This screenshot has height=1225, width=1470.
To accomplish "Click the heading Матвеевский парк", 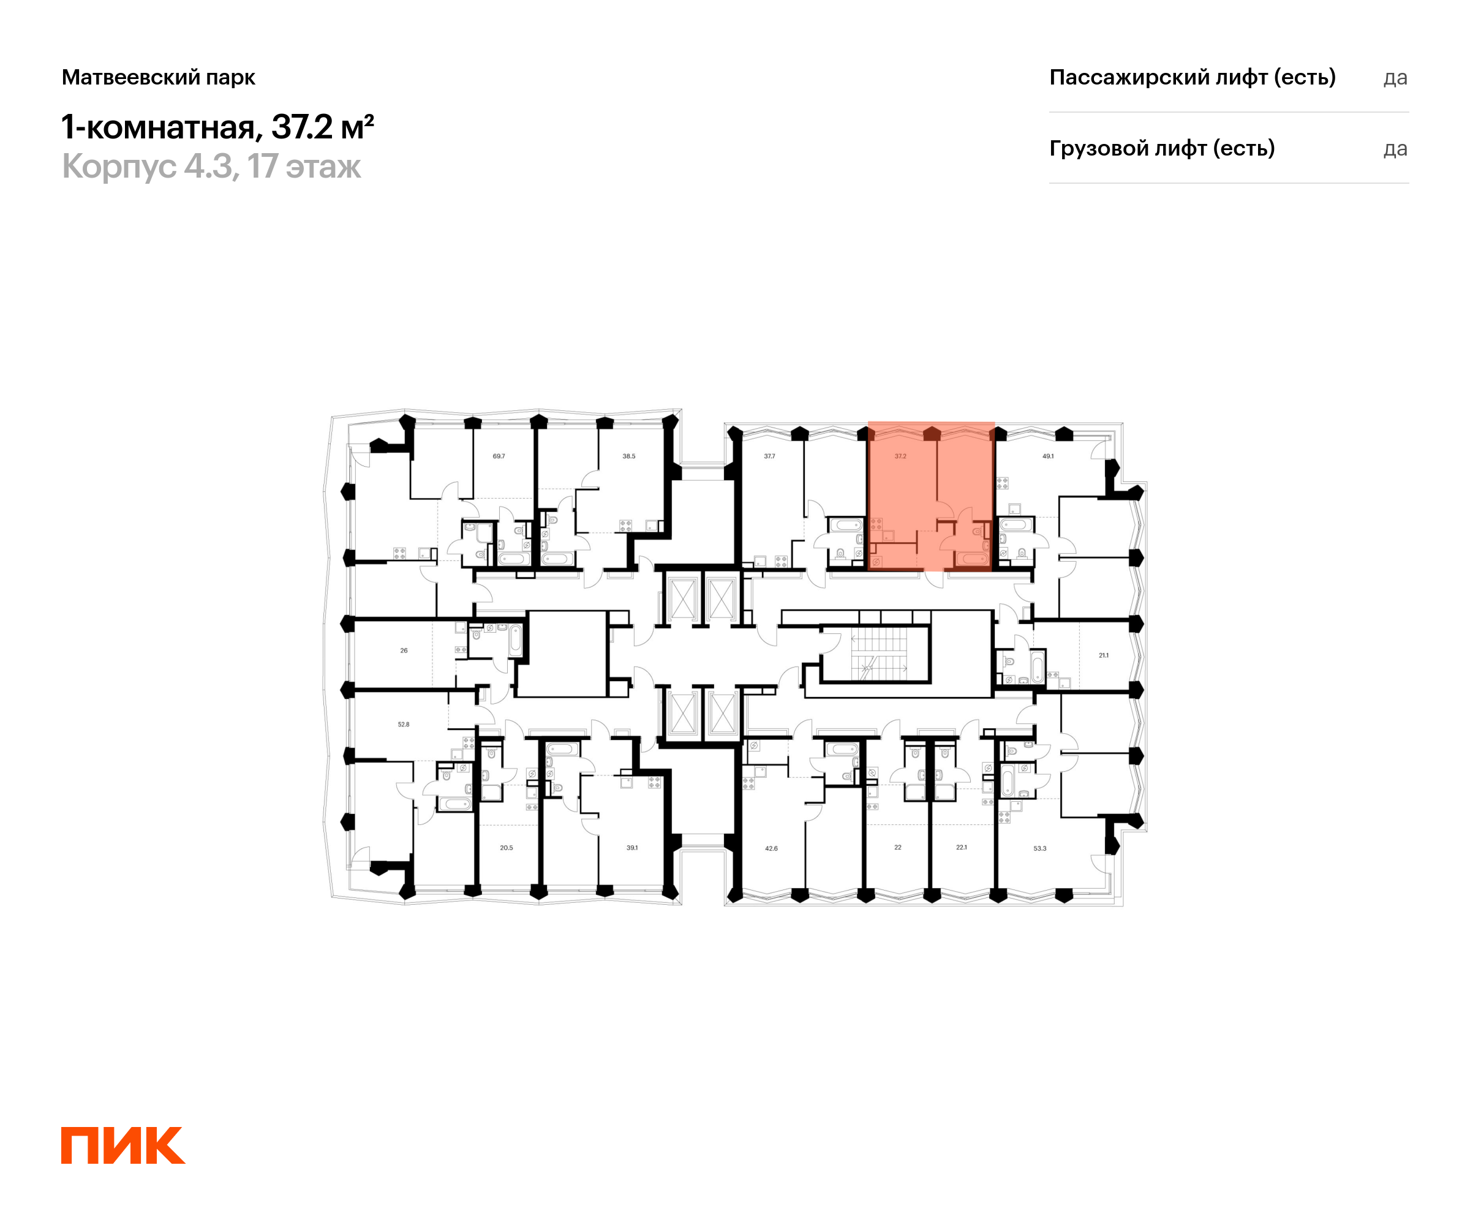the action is pyautogui.click(x=158, y=78).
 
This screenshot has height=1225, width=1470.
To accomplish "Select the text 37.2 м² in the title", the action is pyautogui.click(x=323, y=127).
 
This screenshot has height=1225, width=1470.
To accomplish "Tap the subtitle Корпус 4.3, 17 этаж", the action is pyautogui.click(x=211, y=167).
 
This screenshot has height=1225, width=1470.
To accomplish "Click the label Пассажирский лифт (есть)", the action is pyautogui.click(x=1192, y=77).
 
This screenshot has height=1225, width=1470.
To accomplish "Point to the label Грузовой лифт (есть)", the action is pyautogui.click(x=1162, y=148).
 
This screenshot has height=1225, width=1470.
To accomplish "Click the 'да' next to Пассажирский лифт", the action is pyautogui.click(x=1395, y=78).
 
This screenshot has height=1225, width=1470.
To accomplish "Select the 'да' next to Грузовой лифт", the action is pyautogui.click(x=1395, y=149).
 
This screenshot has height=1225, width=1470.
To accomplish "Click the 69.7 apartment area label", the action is pyautogui.click(x=499, y=456).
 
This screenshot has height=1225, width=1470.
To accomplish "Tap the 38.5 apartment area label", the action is pyautogui.click(x=628, y=456).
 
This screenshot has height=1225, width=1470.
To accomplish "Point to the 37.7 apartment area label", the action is pyautogui.click(x=769, y=456).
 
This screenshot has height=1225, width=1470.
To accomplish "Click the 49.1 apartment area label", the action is pyautogui.click(x=1048, y=456).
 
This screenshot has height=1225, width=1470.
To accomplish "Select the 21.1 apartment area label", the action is pyautogui.click(x=1103, y=656).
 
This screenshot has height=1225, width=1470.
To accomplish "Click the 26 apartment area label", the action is pyautogui.click(x=404, y=651).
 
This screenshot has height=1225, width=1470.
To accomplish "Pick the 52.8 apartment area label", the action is pyautogui.click(x=403, y=725).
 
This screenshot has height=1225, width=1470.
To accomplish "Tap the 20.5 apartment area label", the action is pyautogui.click(x=506, y=848).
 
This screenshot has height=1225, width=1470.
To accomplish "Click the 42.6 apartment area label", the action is pyautogui.click(x=771, y=848).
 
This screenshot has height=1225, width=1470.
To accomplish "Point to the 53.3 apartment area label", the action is pyautogui.click(x=1040, y=848).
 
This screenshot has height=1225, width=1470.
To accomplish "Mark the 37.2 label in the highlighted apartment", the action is pyautogui.click(x=900, y=456).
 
